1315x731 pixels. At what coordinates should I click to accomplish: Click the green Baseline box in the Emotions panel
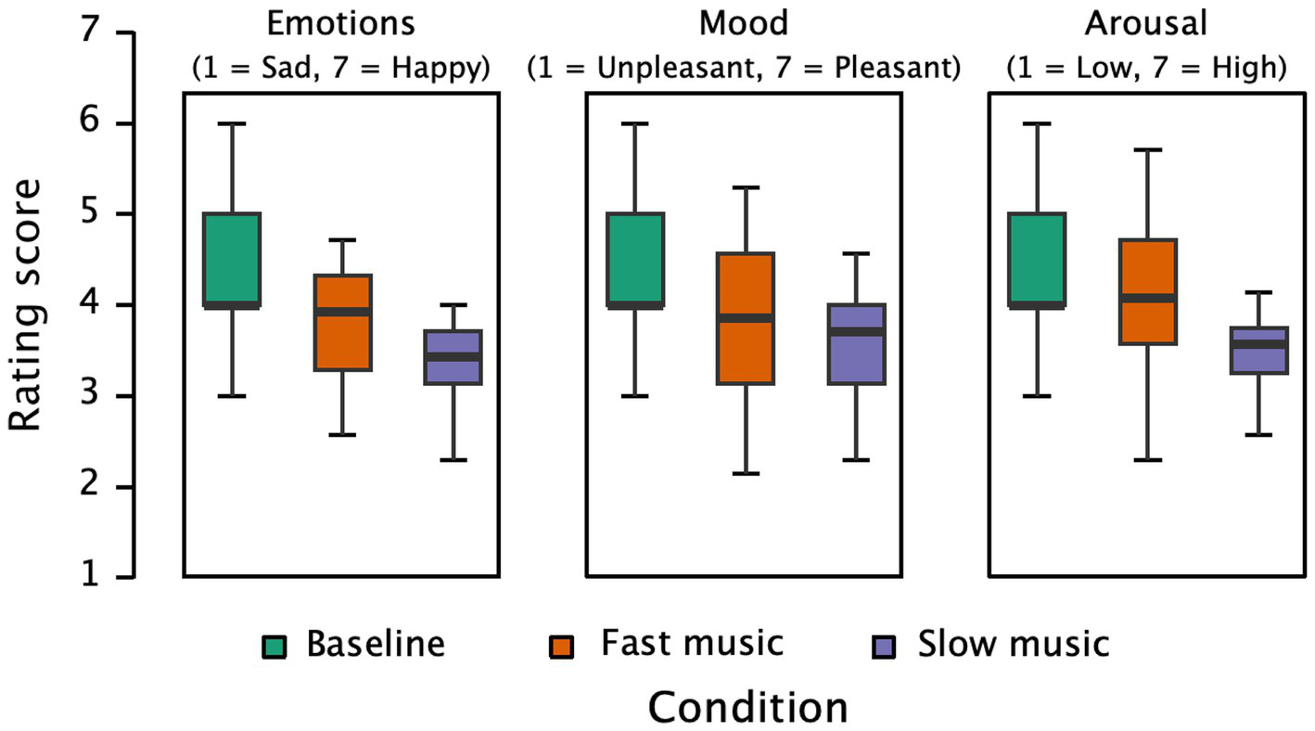[232, 260]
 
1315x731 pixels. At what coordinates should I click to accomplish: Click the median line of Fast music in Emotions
[343, 312]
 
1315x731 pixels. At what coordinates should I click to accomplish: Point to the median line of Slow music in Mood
[856, 331]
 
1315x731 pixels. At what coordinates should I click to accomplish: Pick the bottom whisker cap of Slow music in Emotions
[453, 460]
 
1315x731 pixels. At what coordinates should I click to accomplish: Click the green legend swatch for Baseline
[274, 645]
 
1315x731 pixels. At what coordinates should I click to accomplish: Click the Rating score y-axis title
[27, 305]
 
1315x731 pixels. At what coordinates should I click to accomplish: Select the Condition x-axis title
[747, 706]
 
